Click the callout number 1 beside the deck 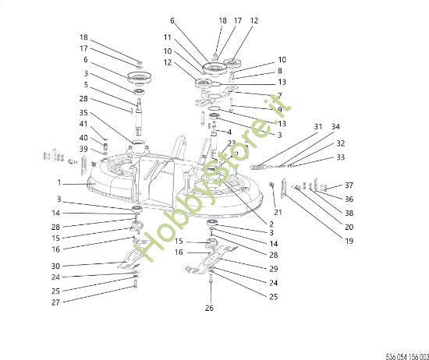pyautogui.click(x=58, y=184)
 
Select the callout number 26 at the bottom pyautogui.click(x=210, y=309)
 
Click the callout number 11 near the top pyautogui.click(x=167, y=37)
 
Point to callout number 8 pyautogui.click(x=280, y=71)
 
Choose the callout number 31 pyautogui.click(x=317, y=126)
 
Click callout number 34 pyautogui.click(x=335, y=126)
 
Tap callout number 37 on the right pyautogui.click(x=349, y=185)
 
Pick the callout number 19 pyautogui.click(x=349, y=241)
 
